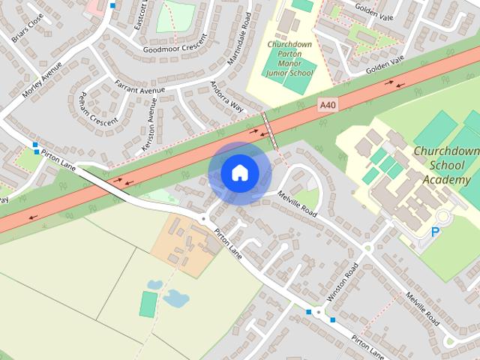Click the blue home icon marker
pos(239,172)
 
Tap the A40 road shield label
pos(328,106)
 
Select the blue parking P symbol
pos(436,233)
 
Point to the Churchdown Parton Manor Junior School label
pos(290,58)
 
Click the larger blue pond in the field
pos(176,298)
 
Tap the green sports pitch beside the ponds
pos(148,304)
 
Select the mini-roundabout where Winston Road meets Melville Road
pos(368,248)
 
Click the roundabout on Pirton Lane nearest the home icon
pos(204,218)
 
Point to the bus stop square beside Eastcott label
pos(112,5)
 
